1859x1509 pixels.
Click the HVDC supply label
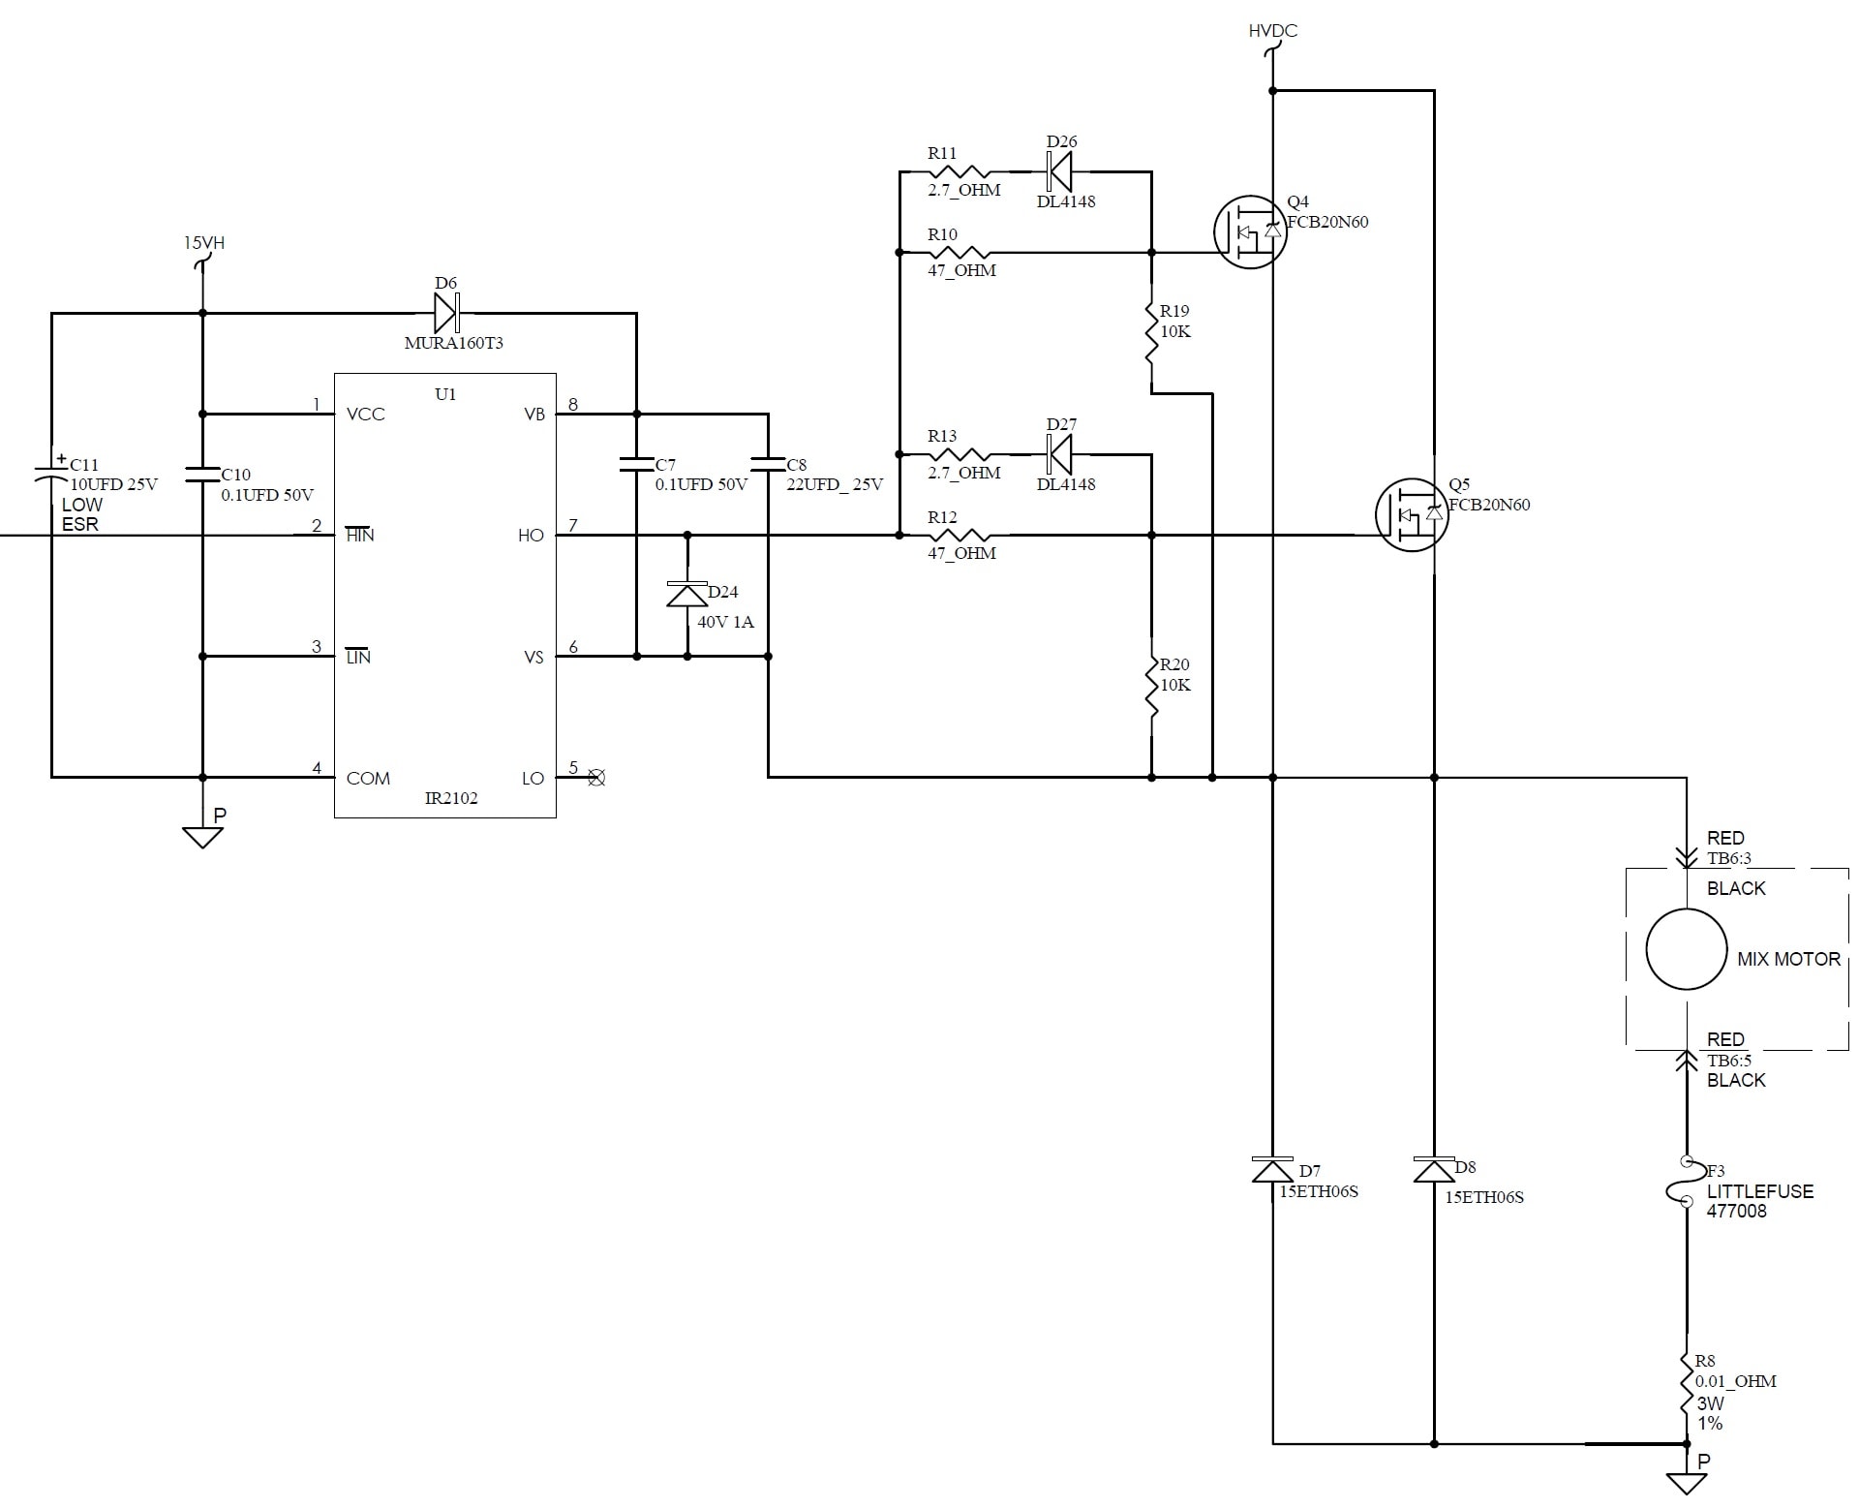1272,31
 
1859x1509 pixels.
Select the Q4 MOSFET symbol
1250,232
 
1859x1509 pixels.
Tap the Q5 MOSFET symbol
1412,514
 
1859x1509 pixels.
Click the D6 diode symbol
446,313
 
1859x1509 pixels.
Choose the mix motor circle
1686,949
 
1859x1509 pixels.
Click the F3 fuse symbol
1686,1182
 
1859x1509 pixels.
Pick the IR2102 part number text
451,798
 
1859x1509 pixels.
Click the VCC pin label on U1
366,415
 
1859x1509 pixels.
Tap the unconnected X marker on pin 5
596,778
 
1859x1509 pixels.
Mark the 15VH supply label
204,242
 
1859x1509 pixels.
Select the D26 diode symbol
1060,171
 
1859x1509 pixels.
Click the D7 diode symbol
1272,1170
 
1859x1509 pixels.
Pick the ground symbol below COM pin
202,836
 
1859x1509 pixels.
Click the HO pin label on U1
531,536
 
